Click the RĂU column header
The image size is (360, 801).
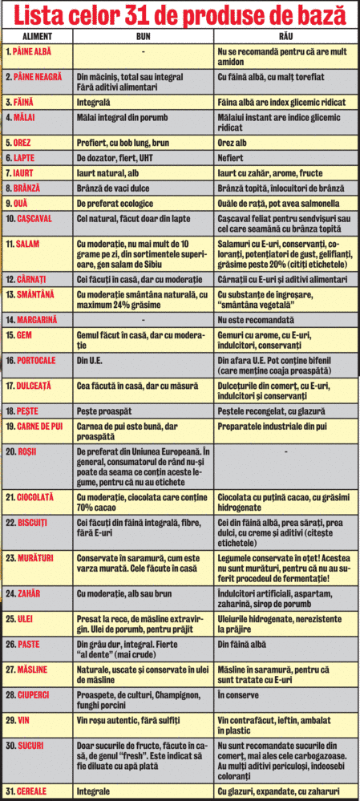[x=285, y=37]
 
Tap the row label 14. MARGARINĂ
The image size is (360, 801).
[x=33, y=319]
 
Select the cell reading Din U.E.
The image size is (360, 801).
[x=90, y=361]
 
